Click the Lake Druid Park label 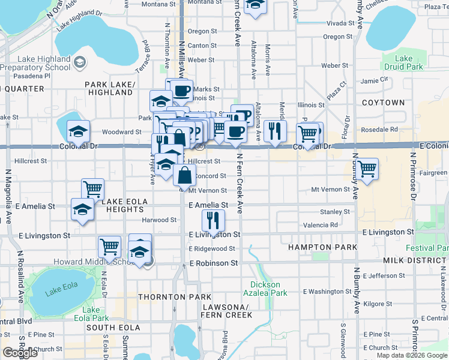(x=403, y=62)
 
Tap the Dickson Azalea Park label (x=265, y=289)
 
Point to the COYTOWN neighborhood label (x=384, y=103)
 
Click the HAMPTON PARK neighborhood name (x=322, y=247)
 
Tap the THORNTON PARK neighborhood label (x=175, y=297)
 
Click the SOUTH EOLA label (x=113, y=328)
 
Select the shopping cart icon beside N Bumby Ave (x=366, y=169)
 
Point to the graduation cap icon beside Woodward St (x=78, y=131)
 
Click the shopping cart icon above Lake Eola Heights (x=93, y=189)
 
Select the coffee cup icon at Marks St (x=182, y=91)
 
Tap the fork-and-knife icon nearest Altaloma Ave (x=275, y=131)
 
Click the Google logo (x=20, y=352)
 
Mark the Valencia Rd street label (x=321, y=225)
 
